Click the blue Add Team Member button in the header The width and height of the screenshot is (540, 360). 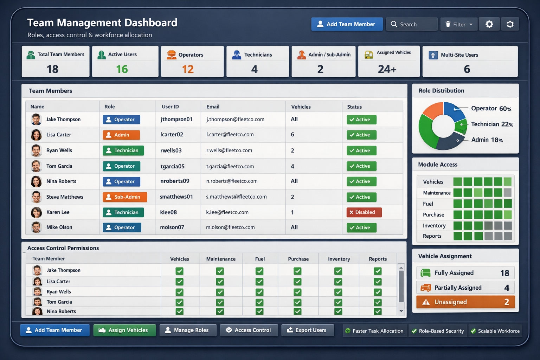(x=347, y=24)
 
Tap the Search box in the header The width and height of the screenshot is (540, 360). (x=412, y=24)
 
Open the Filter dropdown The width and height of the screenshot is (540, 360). (x=459, y=24)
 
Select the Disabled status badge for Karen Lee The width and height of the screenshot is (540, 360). (x=364, y=212)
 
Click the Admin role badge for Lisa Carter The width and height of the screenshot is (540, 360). (x=121, y=135)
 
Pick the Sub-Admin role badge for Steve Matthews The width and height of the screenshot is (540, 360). (x=125, y=197)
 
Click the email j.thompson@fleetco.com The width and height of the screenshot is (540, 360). (x=235, y=120)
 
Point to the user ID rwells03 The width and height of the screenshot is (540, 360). (x=171, y=150)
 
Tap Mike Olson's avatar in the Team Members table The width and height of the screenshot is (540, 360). (x=36, y=227)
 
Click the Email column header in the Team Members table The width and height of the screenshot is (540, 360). (x=213, y=107)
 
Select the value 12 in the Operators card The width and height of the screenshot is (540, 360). (x=188, y=69)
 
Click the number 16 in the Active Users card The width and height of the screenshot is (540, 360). (x=122, y=69)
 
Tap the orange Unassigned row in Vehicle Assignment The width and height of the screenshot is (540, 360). (x=465, y=302)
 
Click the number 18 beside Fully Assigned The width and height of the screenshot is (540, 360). (x=504, y=273)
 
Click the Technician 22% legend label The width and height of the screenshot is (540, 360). (x=492, y=124)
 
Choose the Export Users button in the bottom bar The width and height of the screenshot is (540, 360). (x=308, y=330)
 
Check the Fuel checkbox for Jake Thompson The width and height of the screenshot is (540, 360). (x=259, y=271)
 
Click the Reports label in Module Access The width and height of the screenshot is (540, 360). (x=432, y=236)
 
